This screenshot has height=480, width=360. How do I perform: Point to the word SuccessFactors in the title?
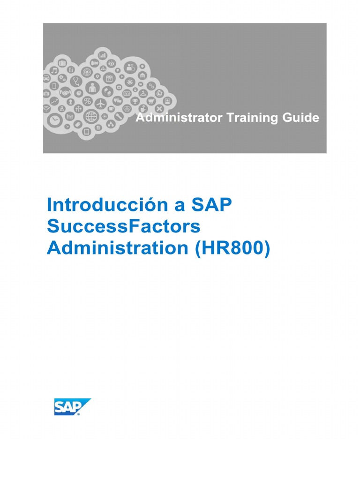coord(123,226)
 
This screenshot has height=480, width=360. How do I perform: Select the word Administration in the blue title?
coord(117,248)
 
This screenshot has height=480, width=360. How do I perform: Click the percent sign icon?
coord(87,101)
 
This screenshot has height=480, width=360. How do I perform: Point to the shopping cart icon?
coord(151,100)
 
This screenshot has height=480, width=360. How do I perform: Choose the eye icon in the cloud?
coord(111,62)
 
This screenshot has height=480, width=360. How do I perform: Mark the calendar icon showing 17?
coord(109,78)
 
